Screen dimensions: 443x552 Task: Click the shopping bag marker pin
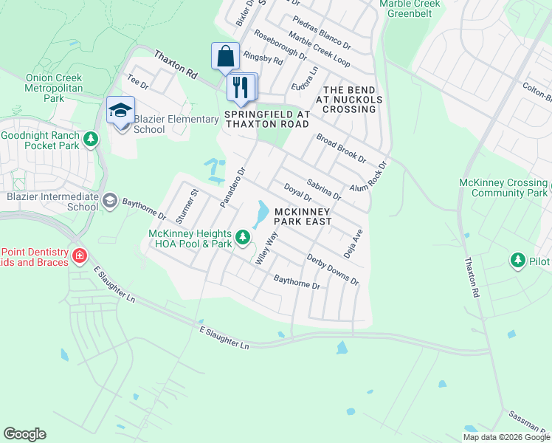(x=225, y=57)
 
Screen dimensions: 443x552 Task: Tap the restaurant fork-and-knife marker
(x=241, y=88)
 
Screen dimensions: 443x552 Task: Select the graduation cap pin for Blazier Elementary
(x=120, y=111)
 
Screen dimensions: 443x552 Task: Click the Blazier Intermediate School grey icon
(x=110, y=200)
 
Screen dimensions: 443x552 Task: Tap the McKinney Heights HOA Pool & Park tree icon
(x=243, y=238)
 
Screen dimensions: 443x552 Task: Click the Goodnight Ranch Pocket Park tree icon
(x=91, y=139)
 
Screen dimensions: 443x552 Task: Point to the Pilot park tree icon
(x=517, y=261)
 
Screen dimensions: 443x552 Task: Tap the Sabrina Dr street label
(x=323, y=188)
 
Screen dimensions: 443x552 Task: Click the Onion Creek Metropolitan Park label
(x=53, y=87)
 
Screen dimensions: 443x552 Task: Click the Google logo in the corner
(x=24, y=434)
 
